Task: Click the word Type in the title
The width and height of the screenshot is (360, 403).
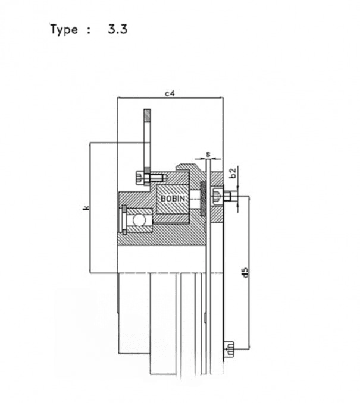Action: pos(64,29)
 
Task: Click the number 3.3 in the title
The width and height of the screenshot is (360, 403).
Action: pos(118,29)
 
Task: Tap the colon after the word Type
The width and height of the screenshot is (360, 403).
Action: pos(89,30)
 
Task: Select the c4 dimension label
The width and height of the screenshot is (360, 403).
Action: pos(170,93)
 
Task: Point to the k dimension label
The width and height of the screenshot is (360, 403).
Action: pos(86,207)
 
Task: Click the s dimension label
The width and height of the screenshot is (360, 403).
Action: pos(208,154)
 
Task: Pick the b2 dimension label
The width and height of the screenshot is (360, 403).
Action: pos(233,172)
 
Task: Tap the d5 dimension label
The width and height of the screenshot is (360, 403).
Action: pos(246,272)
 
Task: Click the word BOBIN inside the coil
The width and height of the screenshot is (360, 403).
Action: pos(173,199)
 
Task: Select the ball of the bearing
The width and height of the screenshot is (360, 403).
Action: pos(139,221)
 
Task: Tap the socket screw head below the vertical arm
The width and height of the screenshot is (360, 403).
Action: pos(139,178)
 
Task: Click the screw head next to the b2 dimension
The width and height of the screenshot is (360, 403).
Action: pos(217,197)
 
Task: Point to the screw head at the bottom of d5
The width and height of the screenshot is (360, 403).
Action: pos(230,349)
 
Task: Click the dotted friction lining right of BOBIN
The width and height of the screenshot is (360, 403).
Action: pos(204,199)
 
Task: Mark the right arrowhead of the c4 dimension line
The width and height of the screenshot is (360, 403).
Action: pos(221,97)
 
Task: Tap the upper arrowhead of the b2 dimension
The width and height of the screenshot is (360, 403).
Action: pos(238,188)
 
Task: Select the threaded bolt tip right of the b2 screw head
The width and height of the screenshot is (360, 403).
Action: pos(233,196)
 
